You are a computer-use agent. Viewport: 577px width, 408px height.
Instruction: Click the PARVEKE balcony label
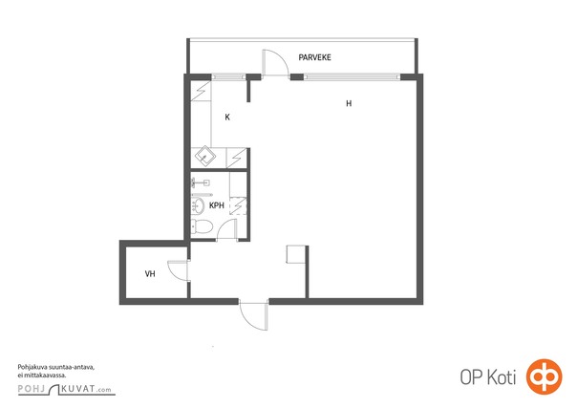pyautogui.click(x=314, y=57)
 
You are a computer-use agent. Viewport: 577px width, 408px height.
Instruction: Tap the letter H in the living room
pyautogui.click(x=349, y=104)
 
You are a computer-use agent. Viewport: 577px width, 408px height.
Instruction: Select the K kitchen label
pyautogui.click(x=227, y=118)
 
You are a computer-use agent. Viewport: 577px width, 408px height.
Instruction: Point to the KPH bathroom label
pyautogui.click(x=217, y=205)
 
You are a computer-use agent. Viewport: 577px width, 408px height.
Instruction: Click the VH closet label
pyautogui.click(x=150, y=274)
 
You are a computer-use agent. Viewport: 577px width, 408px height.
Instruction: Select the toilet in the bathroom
pyautogui.click(x=202, y=226)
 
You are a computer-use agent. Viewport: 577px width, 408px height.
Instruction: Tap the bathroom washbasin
pyautogui.click(x=198, y=206)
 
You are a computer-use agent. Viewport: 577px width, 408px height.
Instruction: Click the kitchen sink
pyautogui.click(x=205, y=157)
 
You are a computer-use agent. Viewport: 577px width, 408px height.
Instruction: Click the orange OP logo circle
pyautogui.click(x=545, y=376)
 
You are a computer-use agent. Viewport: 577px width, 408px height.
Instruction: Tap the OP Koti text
pyautogui.click(x=487, y=377)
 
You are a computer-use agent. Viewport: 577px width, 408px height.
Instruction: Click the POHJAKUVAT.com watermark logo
pyautogui.click(x=67, y=389)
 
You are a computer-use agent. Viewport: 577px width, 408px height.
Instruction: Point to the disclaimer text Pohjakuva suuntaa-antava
pyautogui.click(x=56, y=367)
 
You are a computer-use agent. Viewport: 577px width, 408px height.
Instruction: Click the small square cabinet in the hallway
pyautogui.click(x=296, y=254)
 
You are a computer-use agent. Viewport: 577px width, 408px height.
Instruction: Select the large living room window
pyautogui.click(x=352, y=76)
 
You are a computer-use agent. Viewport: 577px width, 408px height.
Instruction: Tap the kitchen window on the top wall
pyautogui.click(x=228, y=76)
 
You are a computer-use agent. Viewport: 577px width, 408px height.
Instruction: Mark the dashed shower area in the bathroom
pyautogui.click(x=238, y=206)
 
